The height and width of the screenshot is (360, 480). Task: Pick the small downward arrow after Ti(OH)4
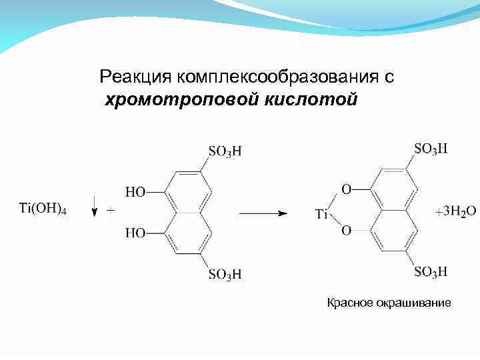95,205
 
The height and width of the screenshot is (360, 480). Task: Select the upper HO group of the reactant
135,192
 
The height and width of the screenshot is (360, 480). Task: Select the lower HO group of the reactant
135,233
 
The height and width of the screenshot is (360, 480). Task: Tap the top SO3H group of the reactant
225,152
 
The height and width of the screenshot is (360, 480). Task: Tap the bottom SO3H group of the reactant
225,274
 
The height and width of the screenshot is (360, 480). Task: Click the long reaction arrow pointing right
263,213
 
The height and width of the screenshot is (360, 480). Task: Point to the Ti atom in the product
321,214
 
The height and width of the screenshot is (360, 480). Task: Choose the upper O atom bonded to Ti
346,190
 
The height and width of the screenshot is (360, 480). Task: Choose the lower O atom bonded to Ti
346,231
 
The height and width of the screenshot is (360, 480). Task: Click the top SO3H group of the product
431,149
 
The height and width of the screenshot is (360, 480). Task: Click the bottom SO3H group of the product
431,271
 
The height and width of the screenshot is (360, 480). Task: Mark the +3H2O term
455,211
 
